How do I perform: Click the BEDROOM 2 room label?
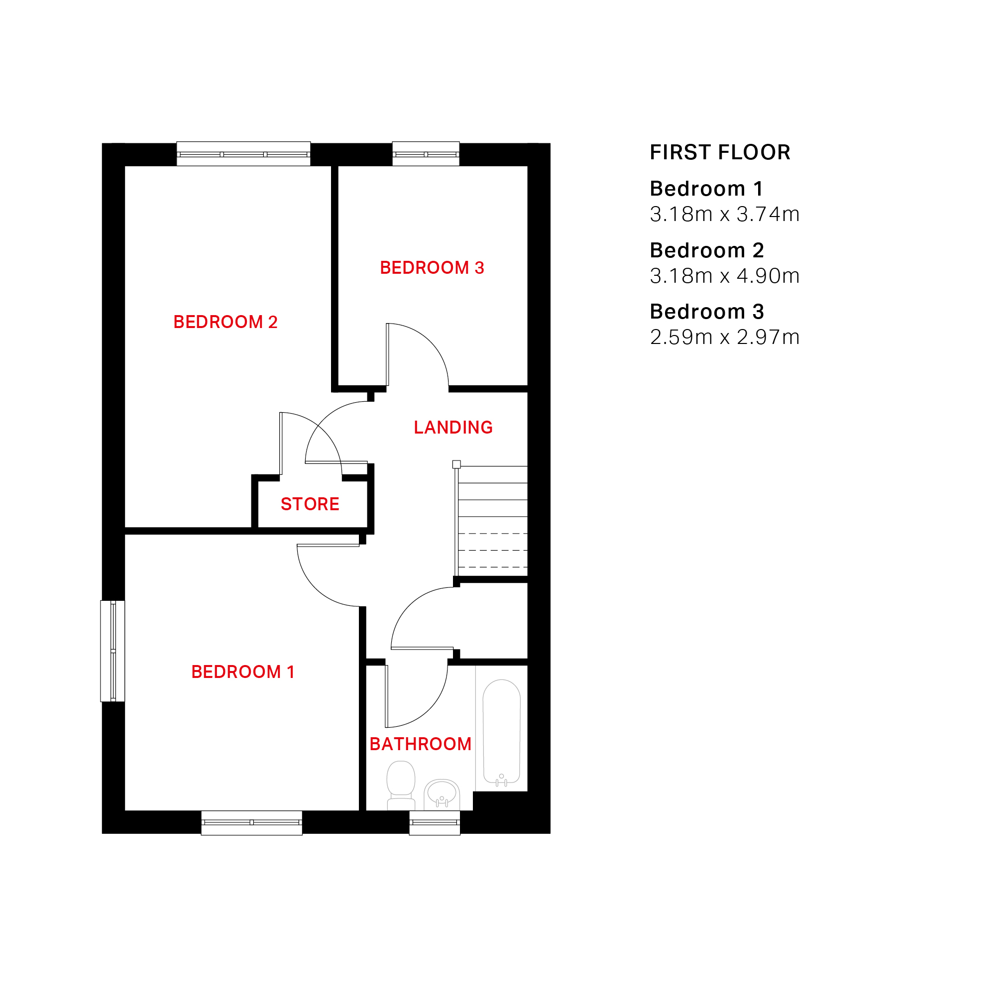[x=225, y=322]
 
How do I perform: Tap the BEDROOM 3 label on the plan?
[x=432, y=268]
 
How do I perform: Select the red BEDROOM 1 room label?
[x=243, y=672]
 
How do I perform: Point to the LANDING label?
[x=453, y=427]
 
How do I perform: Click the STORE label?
[x=310, y=504]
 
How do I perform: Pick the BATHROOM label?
[x=421, y=744]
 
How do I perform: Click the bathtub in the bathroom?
[x=501, y=733]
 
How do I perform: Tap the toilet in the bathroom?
[x=401, y=785]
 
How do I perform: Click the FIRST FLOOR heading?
[x=720, y=152]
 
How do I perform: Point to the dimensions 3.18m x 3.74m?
[x=725, y=214]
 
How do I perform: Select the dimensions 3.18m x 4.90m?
[x=725, y=275]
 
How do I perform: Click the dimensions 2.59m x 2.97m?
[x=725, y=337]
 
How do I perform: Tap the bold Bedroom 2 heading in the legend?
[x=707, y=250]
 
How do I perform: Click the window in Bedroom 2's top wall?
[x=243, y=154]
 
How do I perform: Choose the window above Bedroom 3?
[x=426, y=154]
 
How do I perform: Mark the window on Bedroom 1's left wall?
[x=112, y=651]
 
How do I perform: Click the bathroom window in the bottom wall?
[x=435, y=823]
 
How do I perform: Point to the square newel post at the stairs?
[x=456, y=464]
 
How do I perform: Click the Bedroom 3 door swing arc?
[x=431, y=341]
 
